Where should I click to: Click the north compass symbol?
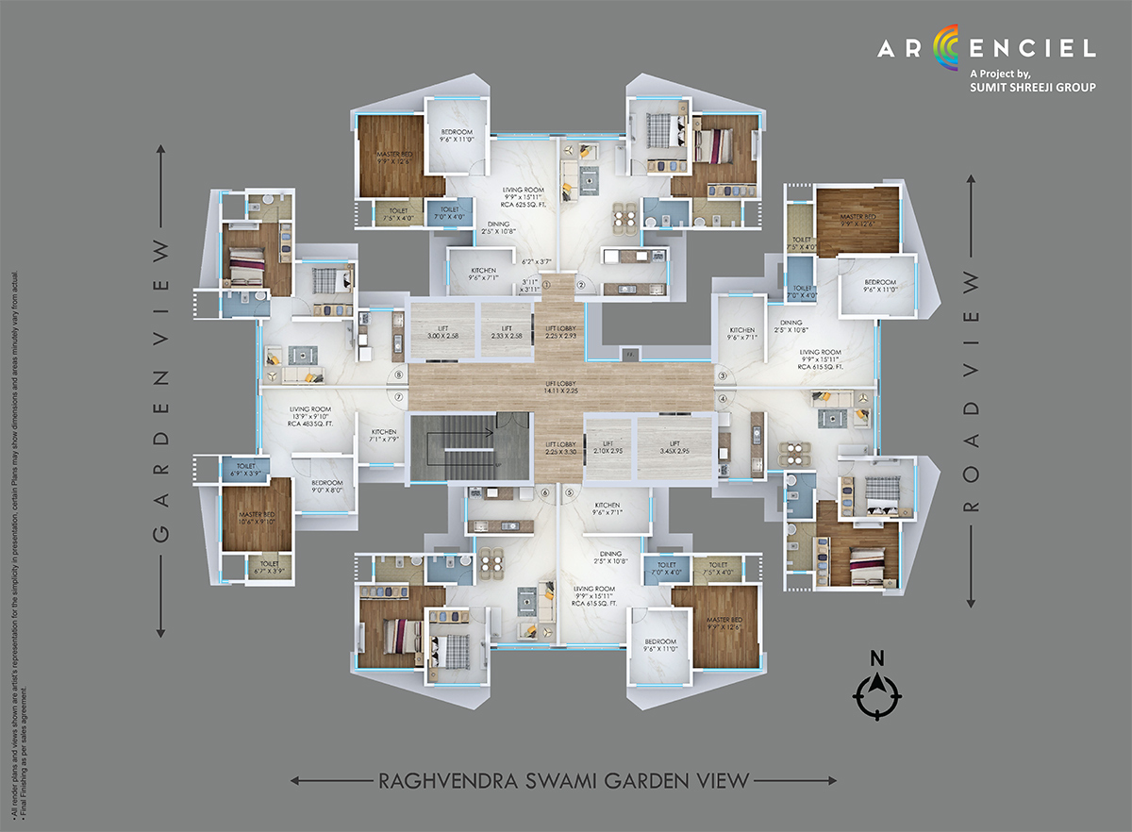pos(876,694)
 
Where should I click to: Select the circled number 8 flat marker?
pos(399,374)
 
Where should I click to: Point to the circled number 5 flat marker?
pos(569,492)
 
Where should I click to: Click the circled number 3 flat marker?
pos(724,375)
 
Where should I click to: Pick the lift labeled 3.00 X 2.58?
pos(441,331)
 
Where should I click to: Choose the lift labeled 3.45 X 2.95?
pos(674,448)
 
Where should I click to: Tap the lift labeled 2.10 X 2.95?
pos(608,448)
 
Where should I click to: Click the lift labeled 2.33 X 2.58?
pos(507,331)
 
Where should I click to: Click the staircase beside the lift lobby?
pos(452,448)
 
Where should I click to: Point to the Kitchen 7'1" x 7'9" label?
pos(383,436)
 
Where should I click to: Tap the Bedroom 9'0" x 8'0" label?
pos(326,488)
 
